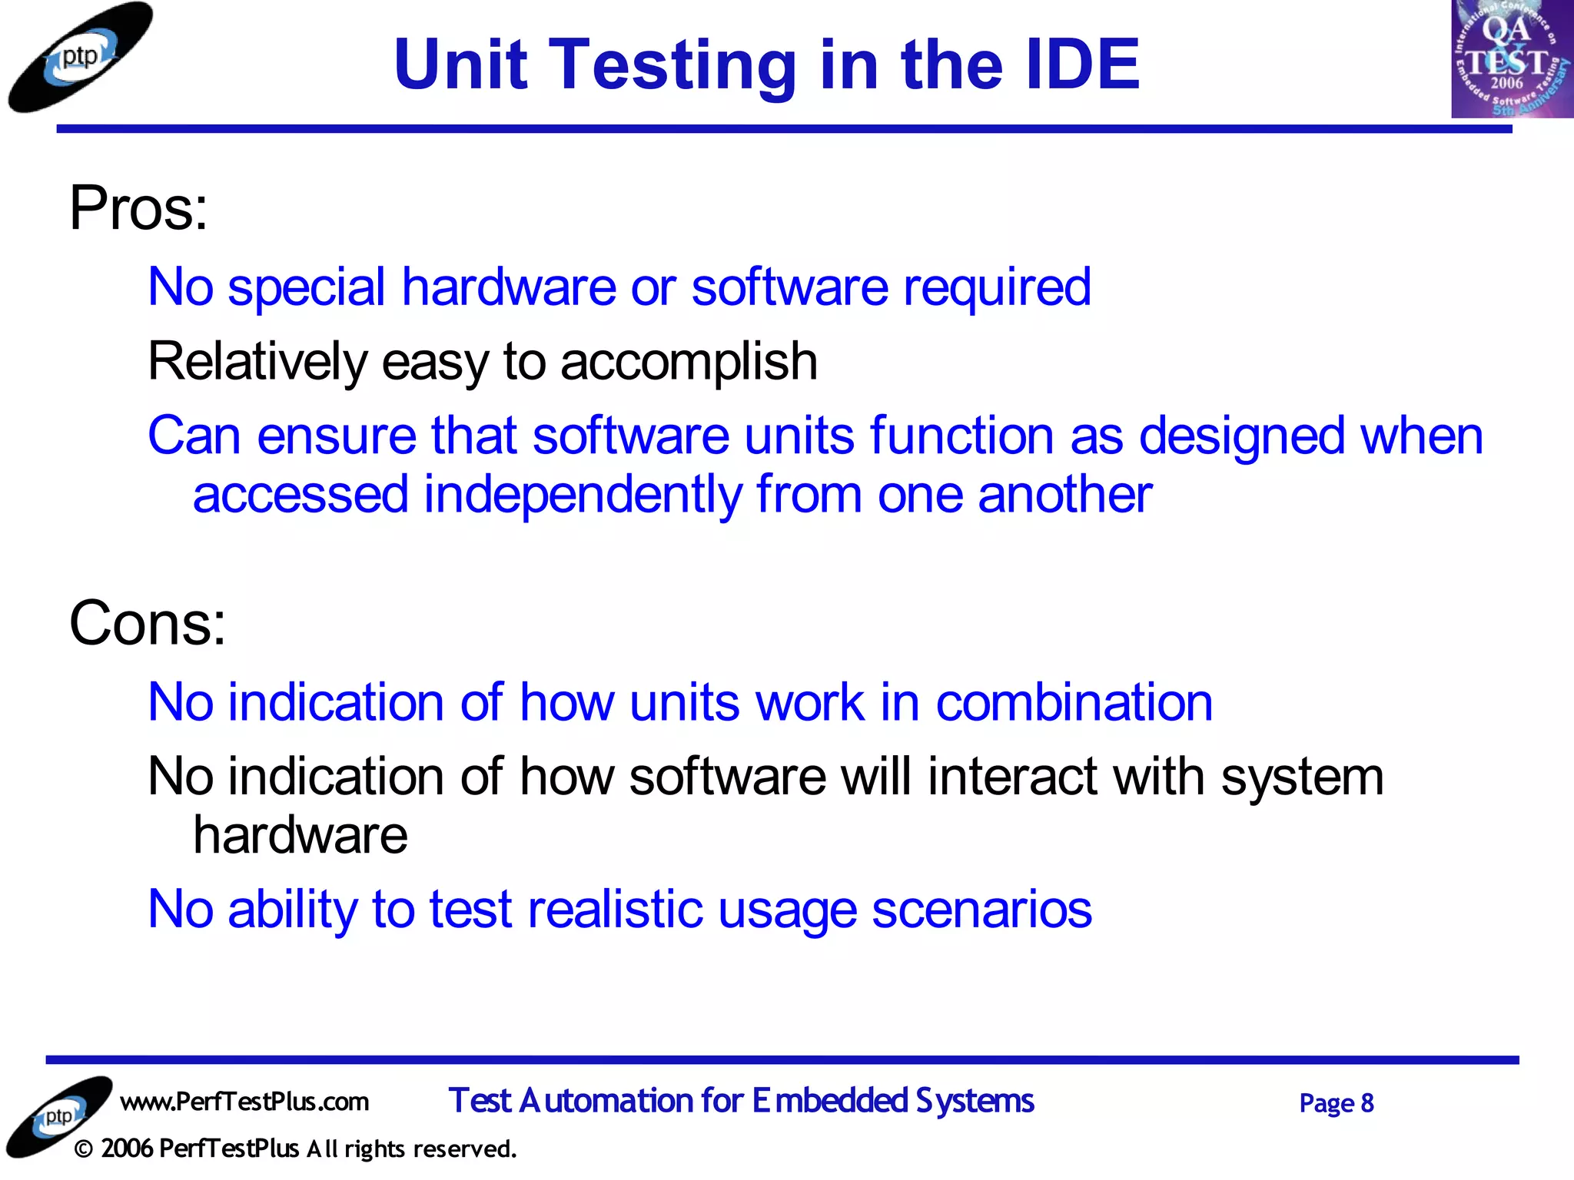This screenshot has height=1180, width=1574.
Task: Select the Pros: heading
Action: coord(138,209)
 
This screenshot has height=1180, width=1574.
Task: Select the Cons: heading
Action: coord(148,624)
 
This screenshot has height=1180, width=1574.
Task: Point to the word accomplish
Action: coord(689,363)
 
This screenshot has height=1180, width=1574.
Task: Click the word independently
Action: coord(583,496)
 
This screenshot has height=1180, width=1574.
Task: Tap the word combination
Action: coord(1074,704)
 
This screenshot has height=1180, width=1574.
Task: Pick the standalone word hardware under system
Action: coord(300,836)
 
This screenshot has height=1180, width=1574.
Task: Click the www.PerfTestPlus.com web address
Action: coord(244,1102)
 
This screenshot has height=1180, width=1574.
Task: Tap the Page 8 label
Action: coord(1336,1104)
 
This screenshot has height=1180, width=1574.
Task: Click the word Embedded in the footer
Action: coord(829,1101)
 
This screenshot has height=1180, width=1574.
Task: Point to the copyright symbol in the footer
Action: coord(84,1150)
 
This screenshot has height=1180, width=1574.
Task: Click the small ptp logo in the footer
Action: coord(58,1116)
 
